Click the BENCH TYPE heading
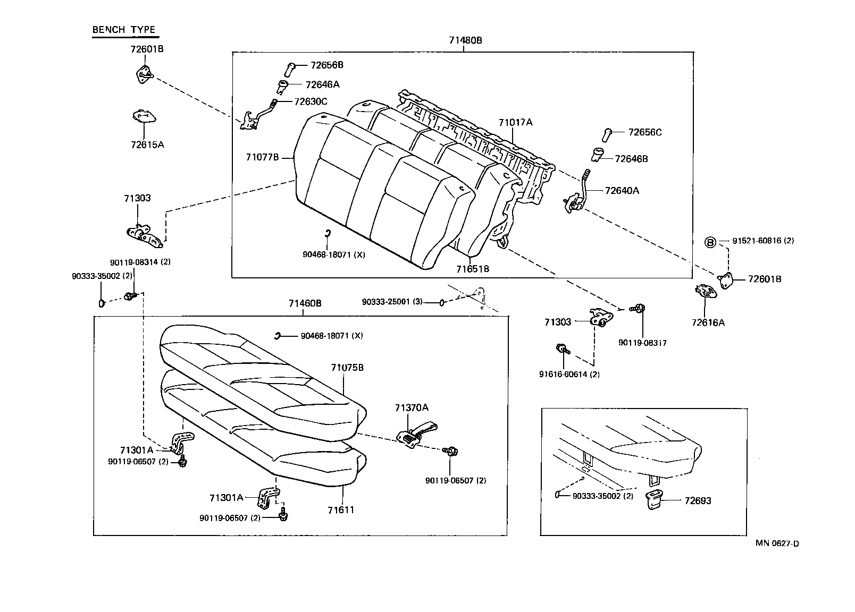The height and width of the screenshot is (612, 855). click(x=124, y=30)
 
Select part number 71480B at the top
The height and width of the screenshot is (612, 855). click(x=465, y=40)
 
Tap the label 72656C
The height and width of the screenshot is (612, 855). click(x=644, y=132)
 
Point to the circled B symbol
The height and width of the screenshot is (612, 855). click(x=710, y=243)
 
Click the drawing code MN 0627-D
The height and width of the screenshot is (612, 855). click(x=777, y=543)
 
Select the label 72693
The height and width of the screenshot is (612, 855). click(x=698, y=500)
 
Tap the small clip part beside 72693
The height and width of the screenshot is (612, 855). click(x=655, y=500)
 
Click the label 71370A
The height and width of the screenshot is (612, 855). click(x=412, y=407)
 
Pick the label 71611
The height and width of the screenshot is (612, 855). click(x=341, y=510)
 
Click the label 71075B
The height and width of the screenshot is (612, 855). click(x=347, y=368)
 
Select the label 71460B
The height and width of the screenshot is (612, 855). click(x=305, y=304)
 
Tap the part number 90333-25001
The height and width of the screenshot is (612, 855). click(x=392, y=302)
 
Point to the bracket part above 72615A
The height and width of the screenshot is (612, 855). click(x=144, y=116)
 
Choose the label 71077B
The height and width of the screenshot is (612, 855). click(x=262, y=157)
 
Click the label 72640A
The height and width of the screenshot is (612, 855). click(x=622, y=190)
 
